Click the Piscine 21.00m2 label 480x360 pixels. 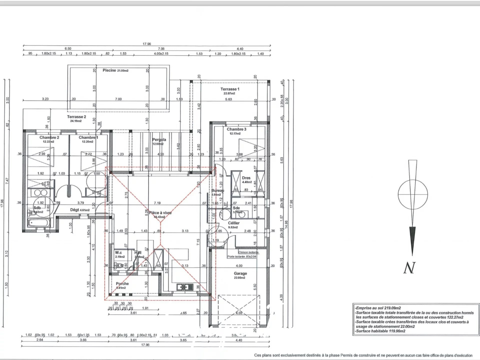(115, 70)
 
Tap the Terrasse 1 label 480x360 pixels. (230, 89)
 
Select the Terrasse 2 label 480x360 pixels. (76, 117)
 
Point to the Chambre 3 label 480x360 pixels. (236, 129)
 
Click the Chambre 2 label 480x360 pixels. (49, 137)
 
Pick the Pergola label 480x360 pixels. (159, 139)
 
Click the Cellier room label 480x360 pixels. (234, 223)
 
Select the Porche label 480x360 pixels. (122, 284)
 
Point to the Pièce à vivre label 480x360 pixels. (160, 213)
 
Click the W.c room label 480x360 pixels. (118, 253)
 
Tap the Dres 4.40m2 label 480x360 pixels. (246, 178)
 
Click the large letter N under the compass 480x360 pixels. (409, 268)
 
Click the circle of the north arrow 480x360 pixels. (413, 194)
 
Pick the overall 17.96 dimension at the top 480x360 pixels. (147, 44)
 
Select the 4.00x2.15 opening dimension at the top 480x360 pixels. (161, 54)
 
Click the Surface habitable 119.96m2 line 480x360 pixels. (380, 331)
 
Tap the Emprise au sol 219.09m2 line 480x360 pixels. (378, 308)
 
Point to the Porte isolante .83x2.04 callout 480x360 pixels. (242, 256)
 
